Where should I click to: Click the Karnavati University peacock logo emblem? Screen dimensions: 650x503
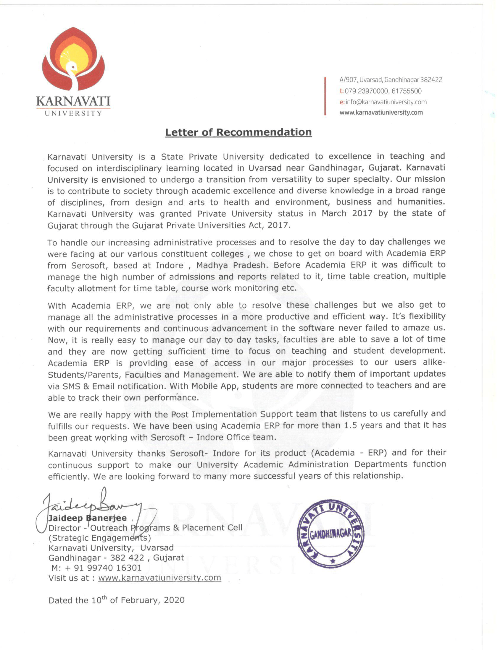coord(73,59)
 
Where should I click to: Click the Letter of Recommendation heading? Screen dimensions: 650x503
coord(238,132)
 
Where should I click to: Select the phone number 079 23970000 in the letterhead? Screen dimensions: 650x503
coord(366,91)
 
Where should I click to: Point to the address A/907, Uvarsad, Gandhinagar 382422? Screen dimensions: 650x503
coord(391,80)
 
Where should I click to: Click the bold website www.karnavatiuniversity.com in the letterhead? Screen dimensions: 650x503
coord(381,113)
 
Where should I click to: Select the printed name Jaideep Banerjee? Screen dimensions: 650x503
coord(87,518)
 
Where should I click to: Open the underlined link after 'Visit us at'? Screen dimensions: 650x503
coord(159,578)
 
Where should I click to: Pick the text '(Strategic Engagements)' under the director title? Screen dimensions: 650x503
coord(99,538)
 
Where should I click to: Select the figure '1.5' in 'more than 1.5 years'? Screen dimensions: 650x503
coord(350,425)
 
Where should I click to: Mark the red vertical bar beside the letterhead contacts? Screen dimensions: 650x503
coord(325,96)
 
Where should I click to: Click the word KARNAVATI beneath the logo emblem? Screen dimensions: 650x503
coord(73,101)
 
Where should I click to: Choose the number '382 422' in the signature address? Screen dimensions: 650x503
coord(127,558)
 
